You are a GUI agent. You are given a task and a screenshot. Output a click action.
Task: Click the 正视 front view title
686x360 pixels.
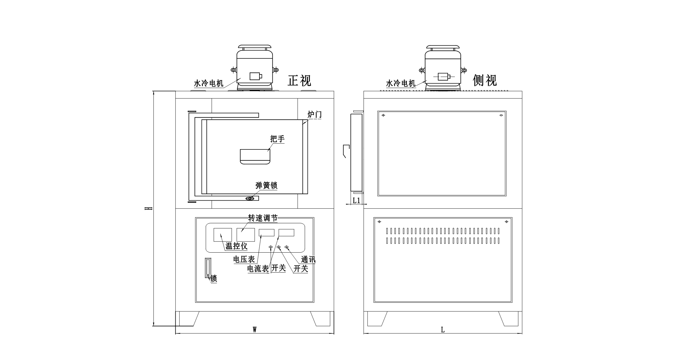pyautogui.click(x=299, y=80)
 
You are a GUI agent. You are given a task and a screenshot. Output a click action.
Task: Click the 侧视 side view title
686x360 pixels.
pyautogui.click(x=485, y=80)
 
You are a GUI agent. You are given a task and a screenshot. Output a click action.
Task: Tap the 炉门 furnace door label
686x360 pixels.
pyautogui.click(x=315, y=115)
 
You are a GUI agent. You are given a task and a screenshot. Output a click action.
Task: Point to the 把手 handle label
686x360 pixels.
pyautogui.click(x=277, y=139)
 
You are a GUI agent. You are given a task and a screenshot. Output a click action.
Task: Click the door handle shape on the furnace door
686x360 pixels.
pyautogui.click(x=255, y=156)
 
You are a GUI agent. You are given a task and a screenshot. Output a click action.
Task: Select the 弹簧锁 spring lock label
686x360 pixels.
pyautogui.click(x=266, y=185)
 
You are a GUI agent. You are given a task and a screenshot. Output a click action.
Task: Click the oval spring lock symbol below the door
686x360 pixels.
pyautogui.click(x=250, y=198)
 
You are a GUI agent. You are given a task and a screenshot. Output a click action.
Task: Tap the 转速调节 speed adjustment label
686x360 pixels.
pyautogui.click(x=262, y=218)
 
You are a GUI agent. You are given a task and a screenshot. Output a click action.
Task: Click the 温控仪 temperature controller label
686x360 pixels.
pyautogui.click(x=236, y=246)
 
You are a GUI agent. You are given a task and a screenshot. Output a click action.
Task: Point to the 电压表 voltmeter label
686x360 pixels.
pyautogui.click(x=244, y=260)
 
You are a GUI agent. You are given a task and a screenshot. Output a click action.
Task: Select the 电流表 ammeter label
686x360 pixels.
pyautogui.click(x=258, y=269)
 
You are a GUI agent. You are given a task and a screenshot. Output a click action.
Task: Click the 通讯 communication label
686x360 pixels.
pyautogui.click(x=308, y=260)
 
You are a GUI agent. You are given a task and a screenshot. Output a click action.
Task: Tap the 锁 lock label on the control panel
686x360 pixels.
pyautogui.click(x=214, y=279)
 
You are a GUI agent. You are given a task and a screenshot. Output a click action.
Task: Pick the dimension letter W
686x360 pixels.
pyautogui.click(x=255, y=329)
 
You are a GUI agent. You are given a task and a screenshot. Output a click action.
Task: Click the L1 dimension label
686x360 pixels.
pyautogui.click(x=357, y=200)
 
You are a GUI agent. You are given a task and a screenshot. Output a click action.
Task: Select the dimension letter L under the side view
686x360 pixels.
pyautogui.click(x=443, y=330)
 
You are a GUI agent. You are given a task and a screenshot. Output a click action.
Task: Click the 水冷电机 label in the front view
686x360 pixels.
pyautogui.click(x=208, y=83)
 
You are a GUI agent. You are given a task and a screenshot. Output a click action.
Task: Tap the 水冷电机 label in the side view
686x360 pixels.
pyautogui.click(x=401, y=83)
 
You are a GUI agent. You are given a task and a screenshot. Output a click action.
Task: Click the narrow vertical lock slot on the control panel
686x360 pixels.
pyautogui.click(x=208, y=268)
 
